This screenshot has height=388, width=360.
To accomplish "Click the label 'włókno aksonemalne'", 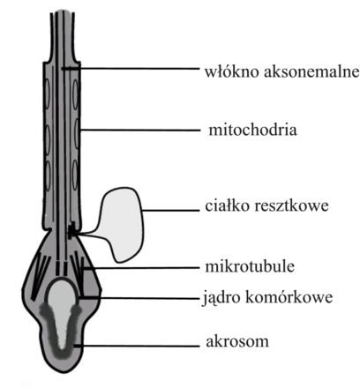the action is [x=281, y=72].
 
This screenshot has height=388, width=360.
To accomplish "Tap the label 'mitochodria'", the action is [x=252, y=130].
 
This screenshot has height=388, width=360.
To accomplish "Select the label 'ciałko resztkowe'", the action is [x=266, y=205].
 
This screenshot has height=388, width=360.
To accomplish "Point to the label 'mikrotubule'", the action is [x=250, y=266].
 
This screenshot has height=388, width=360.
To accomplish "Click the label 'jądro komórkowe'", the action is [x=267, y=297].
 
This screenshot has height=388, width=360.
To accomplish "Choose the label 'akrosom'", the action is [x=237, y=341].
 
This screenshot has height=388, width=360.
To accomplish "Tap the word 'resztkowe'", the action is [x=291, y=206].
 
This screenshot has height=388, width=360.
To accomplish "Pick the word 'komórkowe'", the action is [x=289, y=297].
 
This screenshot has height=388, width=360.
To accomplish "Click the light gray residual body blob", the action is [x=122, y=223].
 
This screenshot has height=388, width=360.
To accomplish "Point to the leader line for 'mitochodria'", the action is [x=140, y=130].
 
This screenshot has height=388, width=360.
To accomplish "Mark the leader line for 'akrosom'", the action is [x=137, y=346].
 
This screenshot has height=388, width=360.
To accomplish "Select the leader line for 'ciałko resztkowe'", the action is [x=171, y=210].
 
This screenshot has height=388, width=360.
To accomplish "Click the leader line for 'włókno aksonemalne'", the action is [x=131, y=69].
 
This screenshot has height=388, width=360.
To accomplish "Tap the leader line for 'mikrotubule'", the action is [x=141, y=268].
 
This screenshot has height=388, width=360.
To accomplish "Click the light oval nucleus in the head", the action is [x=62, y=297].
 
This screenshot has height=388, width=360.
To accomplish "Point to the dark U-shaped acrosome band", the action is [x=61, y=335].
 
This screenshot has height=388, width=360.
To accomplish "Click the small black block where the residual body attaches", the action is [x=71, y=230].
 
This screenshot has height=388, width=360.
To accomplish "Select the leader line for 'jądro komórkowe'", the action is [x=139, y=298].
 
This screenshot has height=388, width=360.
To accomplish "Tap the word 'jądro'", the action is [x=222, y=298].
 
